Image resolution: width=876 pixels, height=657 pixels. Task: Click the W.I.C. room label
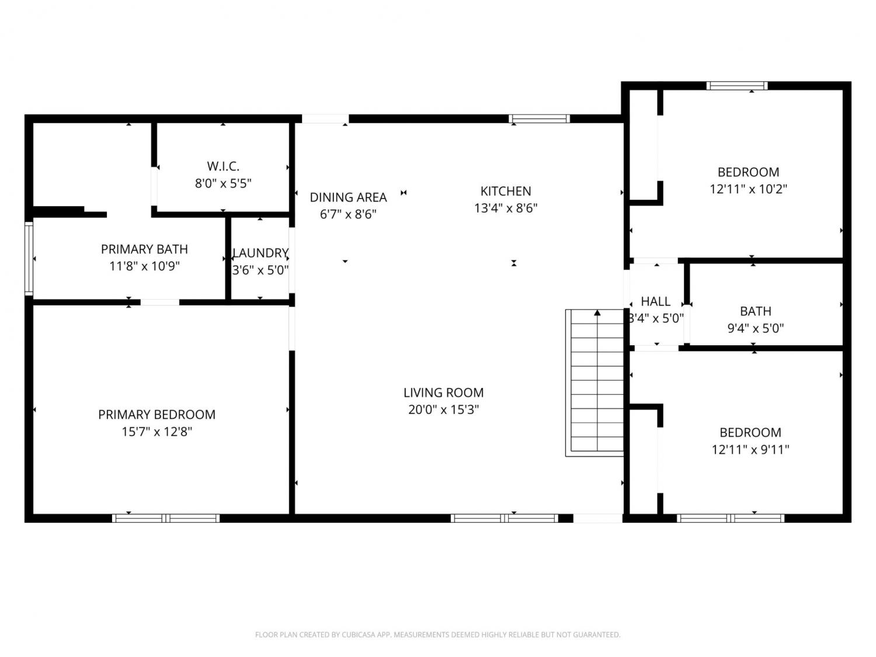coord(223,166)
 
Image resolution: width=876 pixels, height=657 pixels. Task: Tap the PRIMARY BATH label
coord(144,249)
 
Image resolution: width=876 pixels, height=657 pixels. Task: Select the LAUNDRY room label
coord(260,253)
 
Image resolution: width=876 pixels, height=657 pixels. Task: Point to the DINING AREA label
coord(348,197)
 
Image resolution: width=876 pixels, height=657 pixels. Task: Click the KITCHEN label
coord(506,192)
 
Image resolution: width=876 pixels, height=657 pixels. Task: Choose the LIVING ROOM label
coord(443,393)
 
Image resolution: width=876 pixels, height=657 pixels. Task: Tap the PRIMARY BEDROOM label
coord(157,415)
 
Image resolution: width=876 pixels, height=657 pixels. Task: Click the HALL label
coord(655,301)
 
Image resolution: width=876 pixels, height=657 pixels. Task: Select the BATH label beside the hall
coord(756,311)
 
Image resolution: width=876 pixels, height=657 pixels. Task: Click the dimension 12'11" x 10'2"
coord(748,189)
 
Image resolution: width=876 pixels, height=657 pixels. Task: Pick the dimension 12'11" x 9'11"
coord(750,450)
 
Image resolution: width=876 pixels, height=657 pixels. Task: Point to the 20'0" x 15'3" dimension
coord(443,410)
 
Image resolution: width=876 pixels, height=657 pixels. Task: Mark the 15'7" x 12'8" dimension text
coord(157,432)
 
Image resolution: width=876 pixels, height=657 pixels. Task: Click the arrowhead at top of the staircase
coord(597,313)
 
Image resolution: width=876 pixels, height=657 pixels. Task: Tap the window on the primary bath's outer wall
coord(29,259)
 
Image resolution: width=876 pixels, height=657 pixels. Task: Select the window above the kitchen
coord(539,119)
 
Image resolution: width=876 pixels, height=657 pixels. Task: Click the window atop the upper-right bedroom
coord(737,86)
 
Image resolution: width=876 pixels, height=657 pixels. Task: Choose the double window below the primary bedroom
coord(166,518)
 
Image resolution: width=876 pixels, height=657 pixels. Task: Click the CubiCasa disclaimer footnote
coord(438,635)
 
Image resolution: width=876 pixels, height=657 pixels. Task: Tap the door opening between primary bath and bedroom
coord(159,303)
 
